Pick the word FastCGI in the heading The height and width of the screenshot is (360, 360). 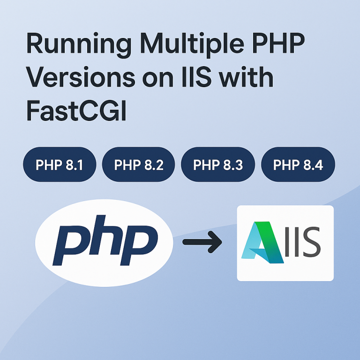[x=76, y=112]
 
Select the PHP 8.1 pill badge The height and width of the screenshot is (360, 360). [x=60, y=165]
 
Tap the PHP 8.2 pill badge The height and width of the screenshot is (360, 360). [x=138, y=165]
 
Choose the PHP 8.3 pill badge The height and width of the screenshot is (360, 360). [x=217, y=165]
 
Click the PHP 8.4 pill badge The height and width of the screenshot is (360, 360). [x=298, y=165]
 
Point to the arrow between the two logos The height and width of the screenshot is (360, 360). [x=202, y=242]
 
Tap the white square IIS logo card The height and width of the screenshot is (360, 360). [x=285, y=243]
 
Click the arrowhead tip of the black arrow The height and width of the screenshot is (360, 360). [x=221, y=242]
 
